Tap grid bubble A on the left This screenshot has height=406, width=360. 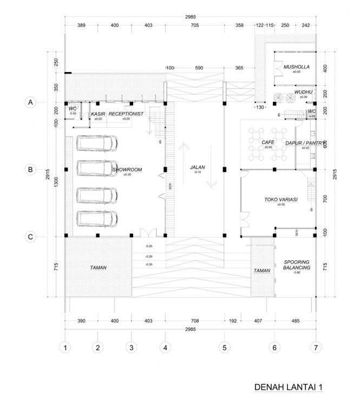(x=31, y=102)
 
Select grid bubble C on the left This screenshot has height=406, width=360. (x=31, y=237)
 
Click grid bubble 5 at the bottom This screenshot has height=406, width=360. (x=222, y=346)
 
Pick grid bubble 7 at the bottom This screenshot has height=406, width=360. (x=315, y=346)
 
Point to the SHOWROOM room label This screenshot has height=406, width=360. (x=127, y=170)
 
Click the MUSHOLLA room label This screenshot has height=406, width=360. (x=296, y=67)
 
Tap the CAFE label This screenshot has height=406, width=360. (x=267, y=142)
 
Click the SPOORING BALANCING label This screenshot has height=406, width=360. (x=297, y=265)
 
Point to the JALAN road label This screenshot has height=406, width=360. (x=197, y=167)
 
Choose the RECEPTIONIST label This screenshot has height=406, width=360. (x=125, y=114)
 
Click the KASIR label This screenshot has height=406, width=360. (x=98, y=114)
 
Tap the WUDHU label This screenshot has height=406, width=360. (x=303, y=93)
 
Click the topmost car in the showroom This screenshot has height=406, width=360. (x=97, y=143)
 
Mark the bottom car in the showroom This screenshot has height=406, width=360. (x=97, y=218)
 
